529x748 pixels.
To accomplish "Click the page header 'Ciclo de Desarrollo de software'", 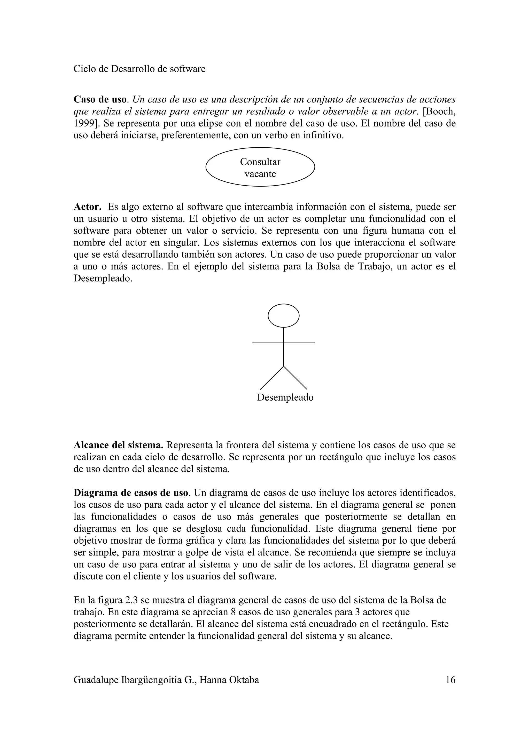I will [x=139, y=69].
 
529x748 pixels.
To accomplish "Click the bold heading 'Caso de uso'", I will [x=100, y=99].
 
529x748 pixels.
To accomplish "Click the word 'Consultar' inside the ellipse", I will [x=260, y=162].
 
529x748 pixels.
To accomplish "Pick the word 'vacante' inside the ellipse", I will [x=260, y=174].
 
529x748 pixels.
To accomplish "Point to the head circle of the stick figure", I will [x=284, y=315].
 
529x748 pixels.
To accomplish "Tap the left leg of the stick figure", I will [x=271, y=378].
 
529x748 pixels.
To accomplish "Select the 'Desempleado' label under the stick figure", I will [x=285, y=397].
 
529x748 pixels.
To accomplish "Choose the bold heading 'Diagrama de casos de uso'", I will [x=131, y=493].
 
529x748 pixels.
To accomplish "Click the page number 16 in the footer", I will [x=450, y=680].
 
